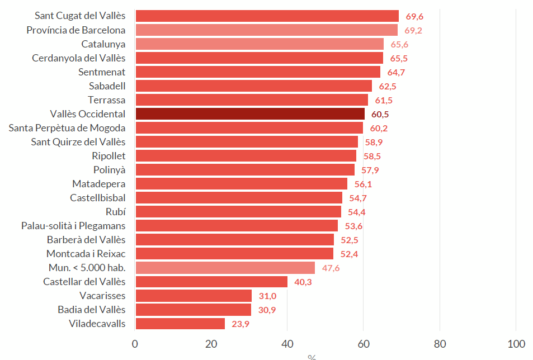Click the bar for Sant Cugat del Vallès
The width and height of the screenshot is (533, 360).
tap(267, 16)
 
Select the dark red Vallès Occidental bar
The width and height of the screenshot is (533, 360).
tap(249, 114)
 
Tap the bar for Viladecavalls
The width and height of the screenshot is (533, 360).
tap(180, 324)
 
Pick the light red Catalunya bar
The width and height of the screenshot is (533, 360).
tap(260, 44)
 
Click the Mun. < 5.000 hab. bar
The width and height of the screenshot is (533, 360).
tap(225, 268)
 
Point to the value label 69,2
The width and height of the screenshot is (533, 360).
tap(413, 30)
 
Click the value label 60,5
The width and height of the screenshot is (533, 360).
tap(380, 114)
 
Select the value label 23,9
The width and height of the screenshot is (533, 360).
tap(240, 324)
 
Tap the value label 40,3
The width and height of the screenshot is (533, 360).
tap(303, 282)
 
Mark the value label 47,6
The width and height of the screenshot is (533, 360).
tap(331, 268)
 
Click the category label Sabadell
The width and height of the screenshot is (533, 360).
tap(107, 86)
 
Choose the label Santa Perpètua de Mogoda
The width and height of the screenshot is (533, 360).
tap(67, 128)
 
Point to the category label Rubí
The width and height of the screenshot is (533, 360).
tap(115, 212)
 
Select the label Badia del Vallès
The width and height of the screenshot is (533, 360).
tap(91, 310)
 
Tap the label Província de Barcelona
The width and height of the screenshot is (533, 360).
tap(76, 30)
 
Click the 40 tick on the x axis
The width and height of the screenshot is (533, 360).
tap(287, 344)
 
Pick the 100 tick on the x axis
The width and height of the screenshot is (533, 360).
tap(516, 344)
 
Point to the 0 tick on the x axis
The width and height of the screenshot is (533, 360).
tap(135, 344)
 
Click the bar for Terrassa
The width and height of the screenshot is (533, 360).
tap(252, 100)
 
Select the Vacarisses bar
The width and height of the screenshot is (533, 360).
tap(194, 296)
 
